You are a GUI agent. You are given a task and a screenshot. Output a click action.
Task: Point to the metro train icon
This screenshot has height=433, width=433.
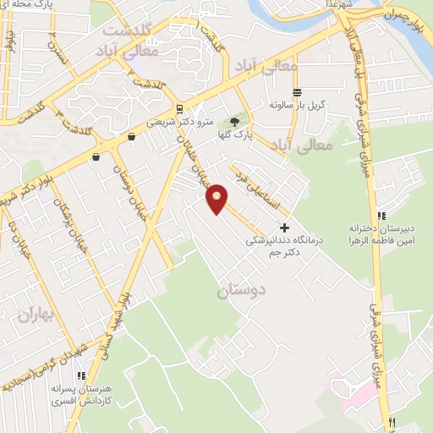[x=178, y=108]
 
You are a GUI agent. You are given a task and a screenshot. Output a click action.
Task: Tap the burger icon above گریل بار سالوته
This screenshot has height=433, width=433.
[x=297, y=93]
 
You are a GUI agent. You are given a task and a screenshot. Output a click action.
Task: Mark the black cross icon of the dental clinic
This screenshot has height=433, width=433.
[x=284, y=227]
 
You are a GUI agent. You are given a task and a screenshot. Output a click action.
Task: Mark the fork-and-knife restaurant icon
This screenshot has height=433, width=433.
[x=391, y=422]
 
